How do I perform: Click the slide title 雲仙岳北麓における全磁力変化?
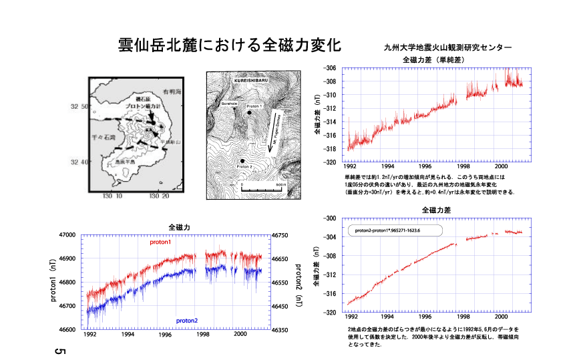click(x=229, y=45)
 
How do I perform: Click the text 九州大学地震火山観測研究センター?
click(x=448, y=48)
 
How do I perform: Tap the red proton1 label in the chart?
click(x=160, y=242)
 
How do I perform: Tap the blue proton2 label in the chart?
click(x=187, y=321)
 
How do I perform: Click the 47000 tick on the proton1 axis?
click(x=67, y=235)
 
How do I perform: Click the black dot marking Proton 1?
click(x=249, y=114)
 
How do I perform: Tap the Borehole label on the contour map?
click(x=229, y=104)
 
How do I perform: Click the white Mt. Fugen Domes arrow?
click(x=277, y=131)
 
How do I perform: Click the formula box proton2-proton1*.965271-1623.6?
click(x=393, y=230)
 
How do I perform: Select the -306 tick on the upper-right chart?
click(x=329, y=68)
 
